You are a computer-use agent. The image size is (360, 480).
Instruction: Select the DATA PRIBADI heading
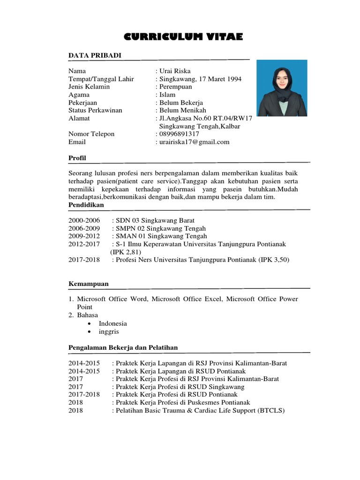[x=95, y=56]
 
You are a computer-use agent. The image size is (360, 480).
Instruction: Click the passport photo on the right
[x=282, y=88]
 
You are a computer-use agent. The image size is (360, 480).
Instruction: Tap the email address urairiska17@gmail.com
[x=194, y=142]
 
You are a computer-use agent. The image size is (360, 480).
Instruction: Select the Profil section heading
[x=77, y=158]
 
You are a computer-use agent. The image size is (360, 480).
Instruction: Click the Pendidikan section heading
[x=86, y=205]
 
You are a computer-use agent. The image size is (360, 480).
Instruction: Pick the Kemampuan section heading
[x=88, y=284]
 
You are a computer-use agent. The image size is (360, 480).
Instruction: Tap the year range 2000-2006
[x=84, y=220]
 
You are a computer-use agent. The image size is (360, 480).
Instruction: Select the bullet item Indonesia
[x=112, y=323]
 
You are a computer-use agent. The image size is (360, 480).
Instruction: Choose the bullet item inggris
[x=109, y=331]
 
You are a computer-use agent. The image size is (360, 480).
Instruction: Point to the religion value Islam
[x=167, y=95]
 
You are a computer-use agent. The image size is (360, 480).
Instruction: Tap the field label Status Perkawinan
[x=95, y=110]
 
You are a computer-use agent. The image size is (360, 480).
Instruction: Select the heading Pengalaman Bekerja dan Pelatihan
[x=123, y=347]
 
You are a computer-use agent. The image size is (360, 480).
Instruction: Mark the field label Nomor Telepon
[x=91, y=134]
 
